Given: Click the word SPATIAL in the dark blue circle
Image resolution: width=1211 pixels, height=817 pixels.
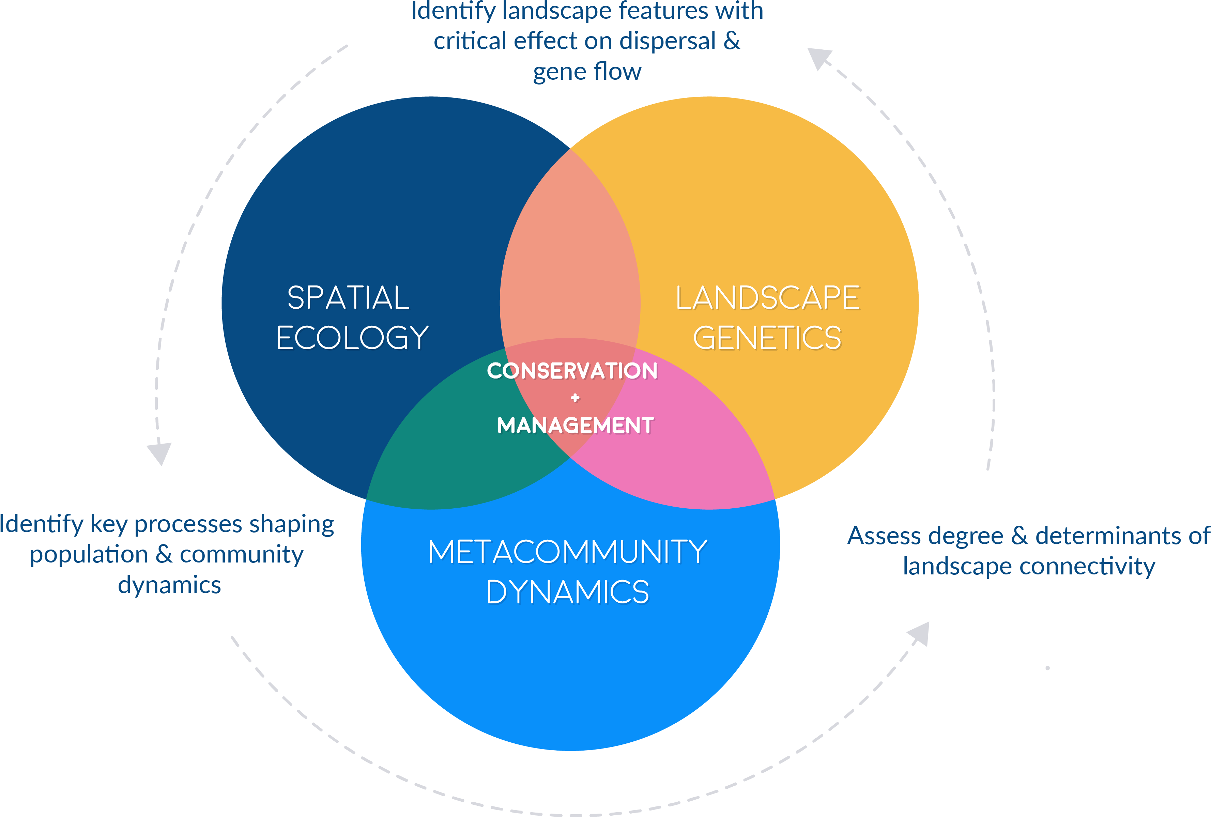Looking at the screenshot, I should click(x=348, y=298).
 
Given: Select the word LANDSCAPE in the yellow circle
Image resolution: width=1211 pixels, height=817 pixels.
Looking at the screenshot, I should click(x=768, y=298).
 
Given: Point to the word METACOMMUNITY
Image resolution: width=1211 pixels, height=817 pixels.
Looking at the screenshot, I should click(x=567, y=552).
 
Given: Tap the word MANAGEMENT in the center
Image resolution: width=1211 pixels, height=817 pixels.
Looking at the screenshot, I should click(x=575, y=426).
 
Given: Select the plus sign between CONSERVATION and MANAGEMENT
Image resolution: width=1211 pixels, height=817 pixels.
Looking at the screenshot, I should click(x=575, y=398).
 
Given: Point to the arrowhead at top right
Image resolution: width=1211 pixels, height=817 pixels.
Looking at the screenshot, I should click(x=818, y=57).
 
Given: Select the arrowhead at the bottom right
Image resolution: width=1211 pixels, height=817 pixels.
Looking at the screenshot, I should click(x=920, y=633).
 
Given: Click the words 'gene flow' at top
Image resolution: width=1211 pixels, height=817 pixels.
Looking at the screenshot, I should click(x=587, y=72).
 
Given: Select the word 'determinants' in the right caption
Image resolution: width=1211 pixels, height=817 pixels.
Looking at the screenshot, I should click(x=1107, y=536).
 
